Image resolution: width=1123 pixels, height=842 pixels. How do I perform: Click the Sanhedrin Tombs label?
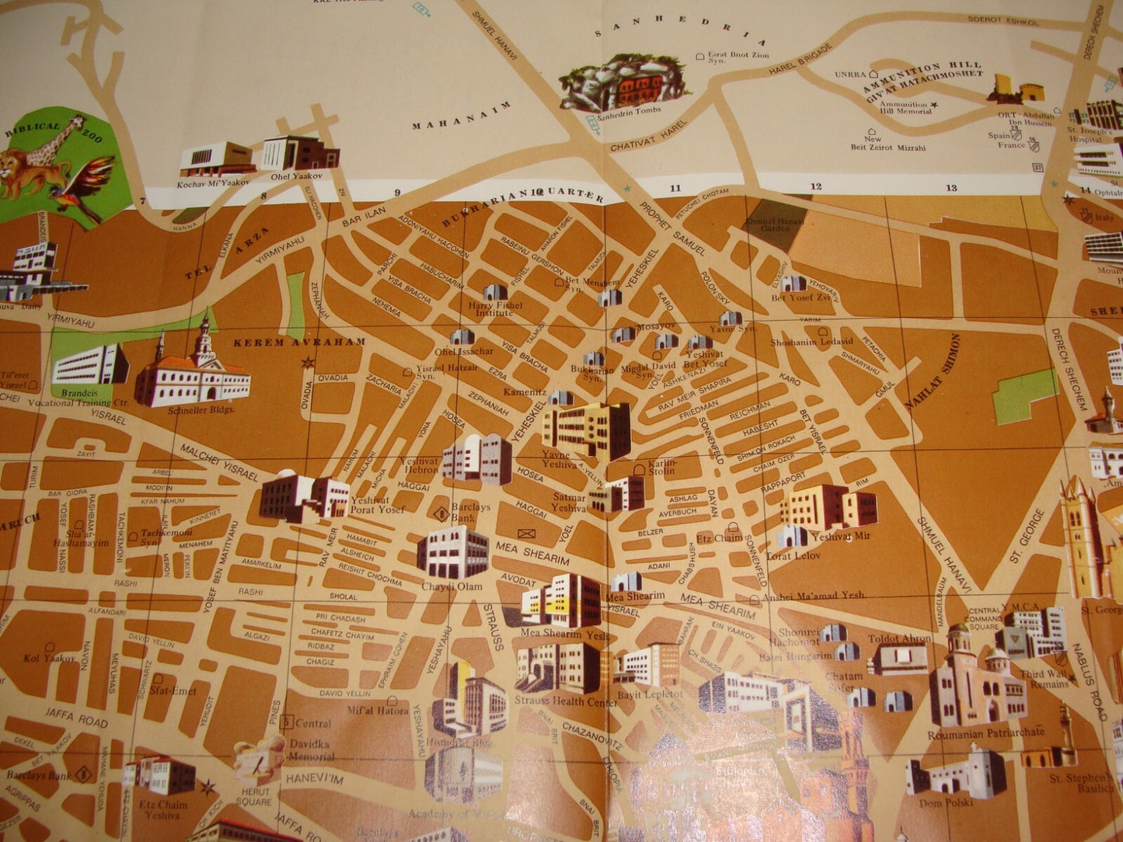coord(630,111)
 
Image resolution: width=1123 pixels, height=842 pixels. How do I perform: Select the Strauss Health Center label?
coord(564,701)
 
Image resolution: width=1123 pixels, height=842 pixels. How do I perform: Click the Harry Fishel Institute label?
coord(495,309)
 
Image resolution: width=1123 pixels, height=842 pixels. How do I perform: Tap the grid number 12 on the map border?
coord(816,187)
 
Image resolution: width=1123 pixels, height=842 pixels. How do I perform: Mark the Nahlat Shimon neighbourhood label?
coord(933,372)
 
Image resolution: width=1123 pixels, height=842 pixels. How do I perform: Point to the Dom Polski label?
coord(945,803)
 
